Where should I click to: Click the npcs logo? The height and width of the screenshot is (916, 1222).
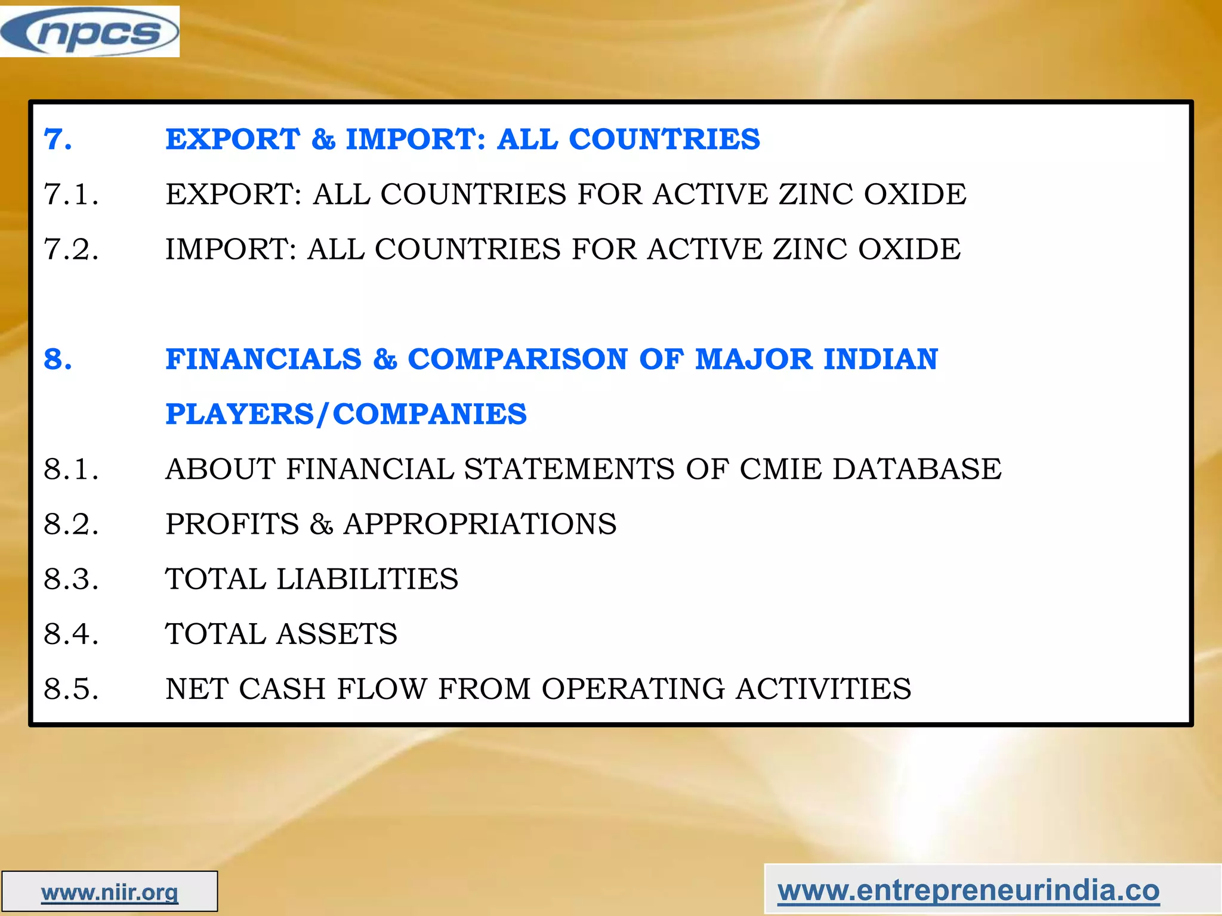90,32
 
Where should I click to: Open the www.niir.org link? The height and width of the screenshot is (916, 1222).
110,893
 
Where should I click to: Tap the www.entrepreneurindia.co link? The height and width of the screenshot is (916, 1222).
968,891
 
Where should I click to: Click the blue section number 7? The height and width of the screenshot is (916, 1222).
58,140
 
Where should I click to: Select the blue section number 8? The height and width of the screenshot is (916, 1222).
58,359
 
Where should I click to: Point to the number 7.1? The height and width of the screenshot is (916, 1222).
71,194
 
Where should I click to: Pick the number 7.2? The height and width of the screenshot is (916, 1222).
71,249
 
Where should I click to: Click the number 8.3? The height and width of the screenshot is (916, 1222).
71,579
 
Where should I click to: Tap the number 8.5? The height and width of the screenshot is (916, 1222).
71,689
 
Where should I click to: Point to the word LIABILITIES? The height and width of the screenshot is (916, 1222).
367,579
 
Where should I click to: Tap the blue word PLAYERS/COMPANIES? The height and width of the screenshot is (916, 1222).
346,414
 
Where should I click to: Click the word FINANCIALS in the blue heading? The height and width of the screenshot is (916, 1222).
264,359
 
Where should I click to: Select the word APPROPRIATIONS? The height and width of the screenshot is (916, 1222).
480,524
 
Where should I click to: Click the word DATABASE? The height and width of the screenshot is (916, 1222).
917,469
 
